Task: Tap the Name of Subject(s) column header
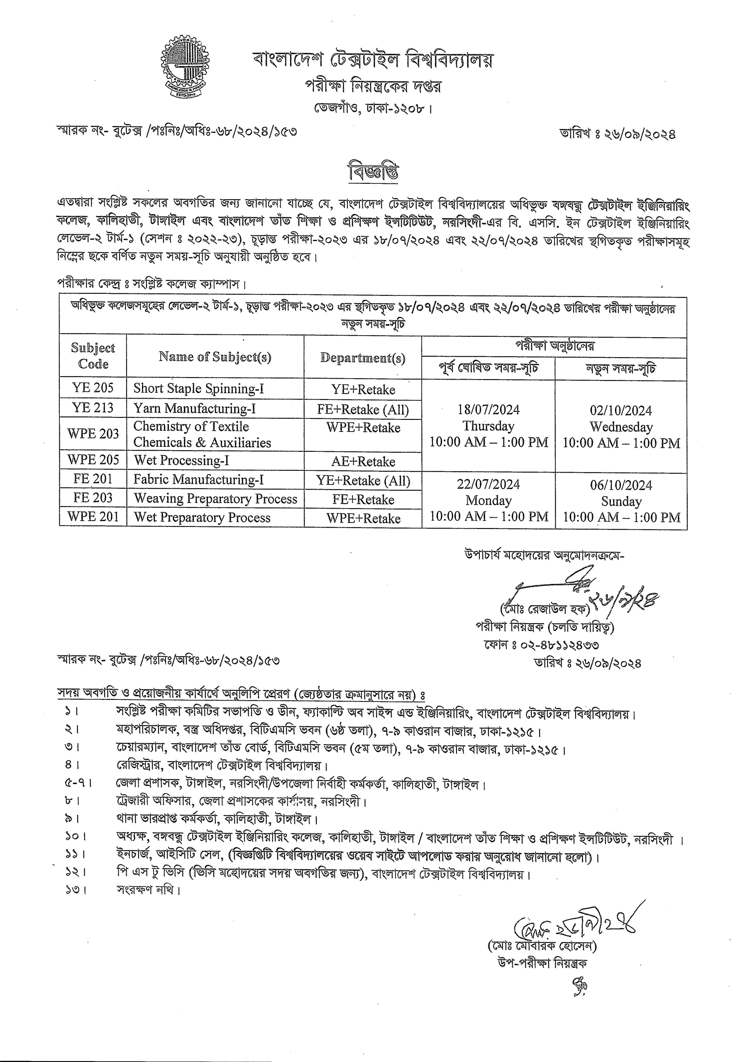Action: click(215, 357)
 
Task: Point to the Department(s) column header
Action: click(362, 358)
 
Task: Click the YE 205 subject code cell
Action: click(93, 387)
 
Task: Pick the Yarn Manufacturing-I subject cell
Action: click(194, 409)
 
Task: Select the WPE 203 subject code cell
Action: click(93, 434)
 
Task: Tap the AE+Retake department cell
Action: click(363, 461)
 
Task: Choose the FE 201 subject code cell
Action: click(93, 479)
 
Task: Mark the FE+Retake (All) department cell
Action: click(363, 409)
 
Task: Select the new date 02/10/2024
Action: click(620, 411)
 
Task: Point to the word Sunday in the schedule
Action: click(621, 502)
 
